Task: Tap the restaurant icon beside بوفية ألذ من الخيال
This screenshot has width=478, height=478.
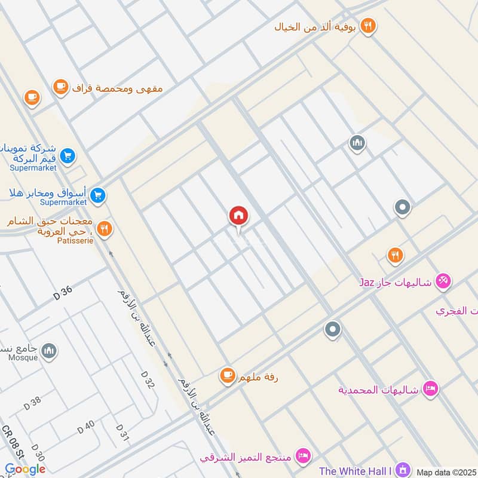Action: point(369,26)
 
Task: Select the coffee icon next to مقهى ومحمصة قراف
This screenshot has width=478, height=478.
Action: point(60,87)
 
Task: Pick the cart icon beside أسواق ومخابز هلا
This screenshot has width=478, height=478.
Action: point(99,194)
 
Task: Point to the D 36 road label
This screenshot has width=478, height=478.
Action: point(62,293)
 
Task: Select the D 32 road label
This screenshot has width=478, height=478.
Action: point(148,379)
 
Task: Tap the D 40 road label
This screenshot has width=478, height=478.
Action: point(85,427)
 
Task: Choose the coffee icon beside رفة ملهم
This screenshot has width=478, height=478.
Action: point(226,375)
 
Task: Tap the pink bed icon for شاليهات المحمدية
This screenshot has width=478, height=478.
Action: point(430,390)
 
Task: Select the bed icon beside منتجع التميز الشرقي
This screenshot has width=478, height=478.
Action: point(304,456)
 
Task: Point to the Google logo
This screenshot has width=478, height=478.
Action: point(26,469)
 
